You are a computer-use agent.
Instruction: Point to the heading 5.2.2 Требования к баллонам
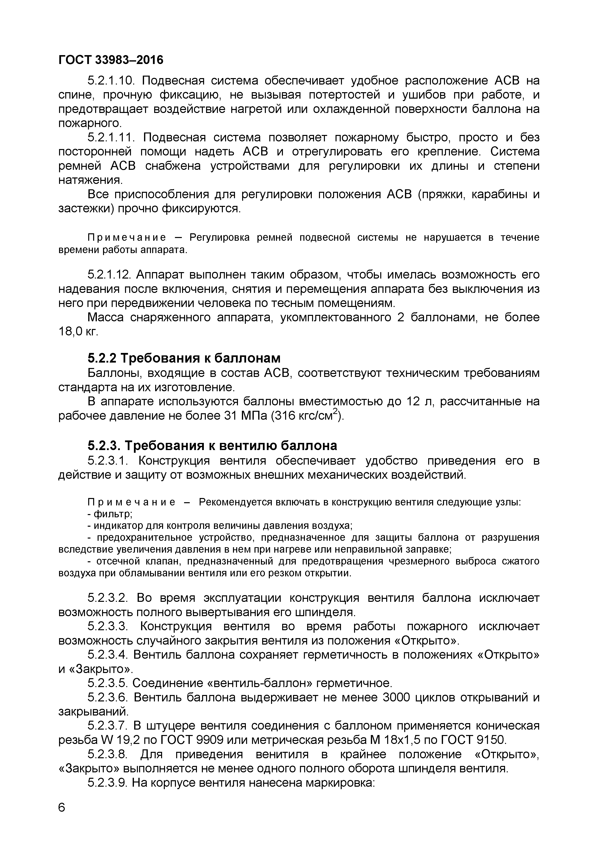click(x=184, y=358)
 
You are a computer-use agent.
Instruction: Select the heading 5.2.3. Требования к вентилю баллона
click(x=212, y=446)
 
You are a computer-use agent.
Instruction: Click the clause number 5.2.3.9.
click(x=109, y=783)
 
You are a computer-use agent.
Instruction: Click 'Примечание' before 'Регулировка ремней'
click(x=127, y=237)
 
